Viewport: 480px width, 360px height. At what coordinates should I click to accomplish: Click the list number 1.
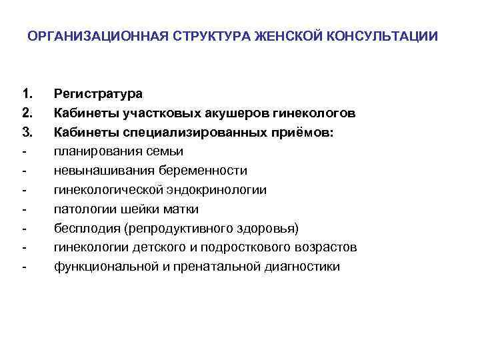pyautogui.click(x=26, y=94)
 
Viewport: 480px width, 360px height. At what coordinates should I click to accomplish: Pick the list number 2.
pyautogui.click(x=26, y=113)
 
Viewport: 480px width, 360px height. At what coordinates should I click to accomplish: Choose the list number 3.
pyautogui.click(x=26, y=133)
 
